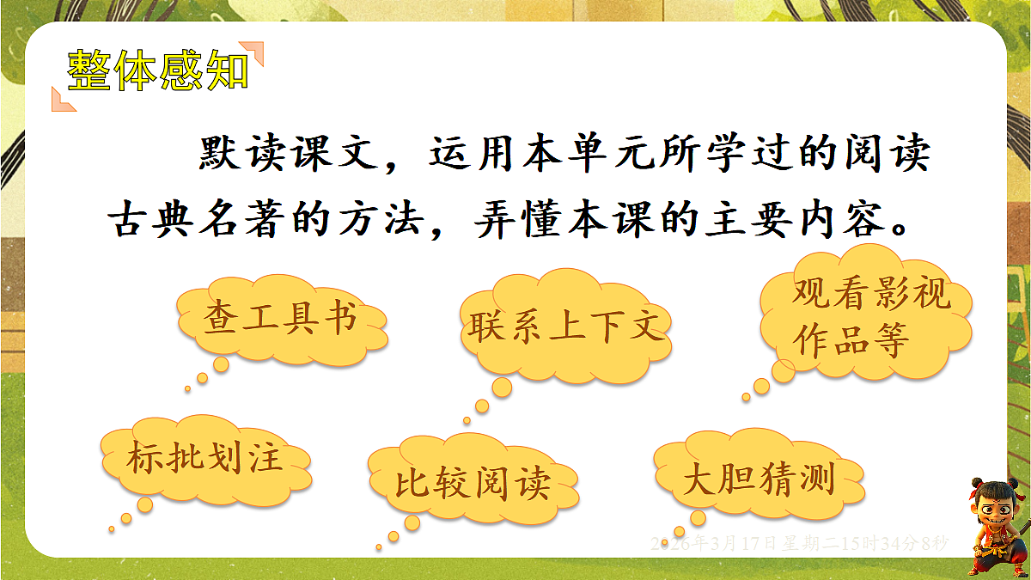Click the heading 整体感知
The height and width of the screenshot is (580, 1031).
(158, 70)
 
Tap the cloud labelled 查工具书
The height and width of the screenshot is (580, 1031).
(280, 319)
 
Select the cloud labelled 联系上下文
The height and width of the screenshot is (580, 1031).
(566, 327)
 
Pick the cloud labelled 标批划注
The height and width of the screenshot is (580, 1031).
(205, 457)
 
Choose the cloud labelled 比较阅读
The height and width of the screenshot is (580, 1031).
(473, 483)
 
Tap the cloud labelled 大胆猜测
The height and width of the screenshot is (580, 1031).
(759, 479)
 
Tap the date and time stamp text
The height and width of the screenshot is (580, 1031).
(799, 543)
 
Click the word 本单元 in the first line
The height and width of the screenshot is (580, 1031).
(615, 156)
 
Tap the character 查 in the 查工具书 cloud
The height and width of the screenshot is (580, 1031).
(220, 319)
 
